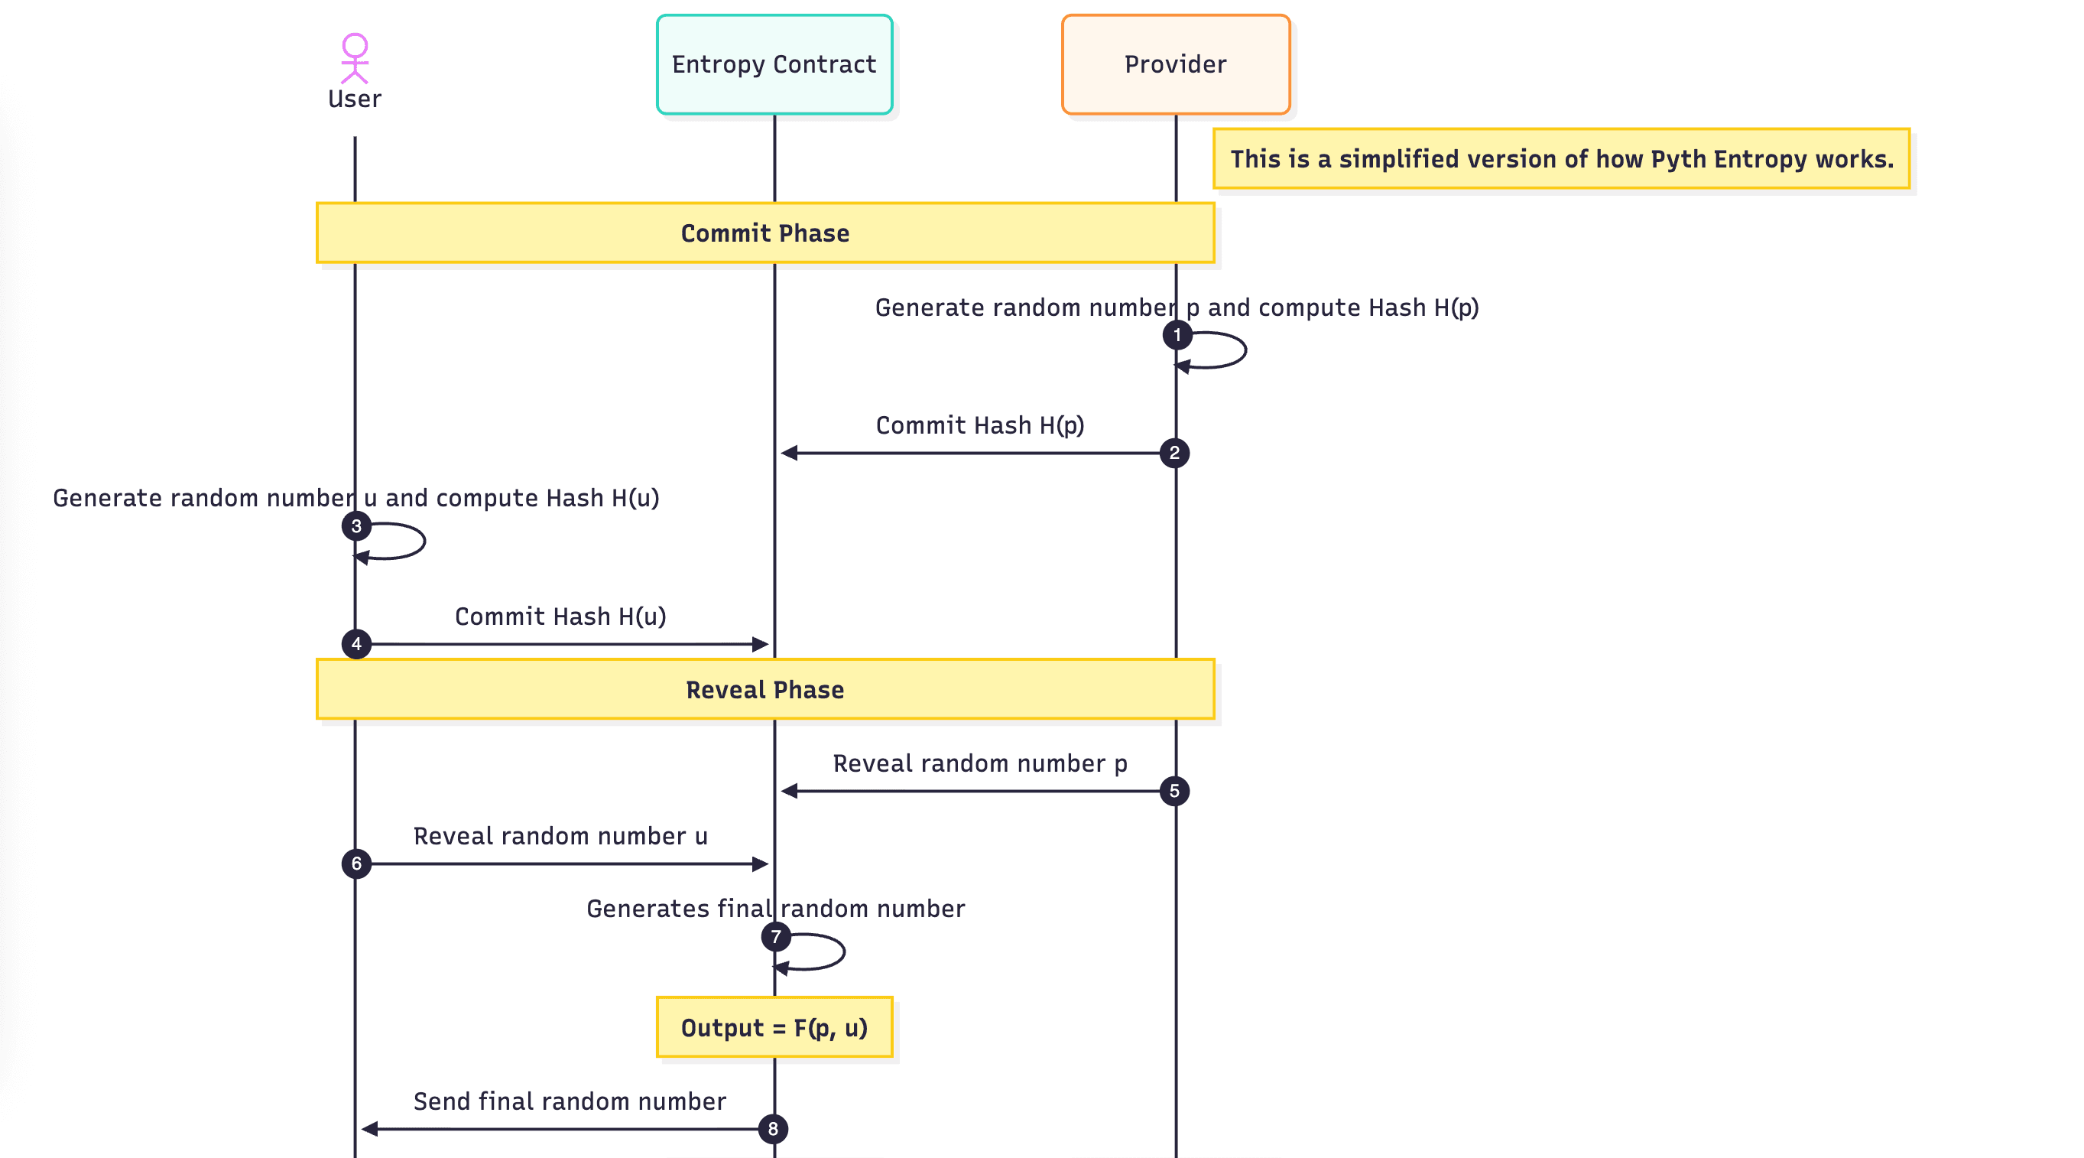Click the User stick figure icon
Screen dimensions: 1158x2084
(x=355, y=57)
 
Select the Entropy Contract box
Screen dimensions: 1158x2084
(x=774, y=65)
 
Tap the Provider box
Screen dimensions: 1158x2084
(x=1175, y=65)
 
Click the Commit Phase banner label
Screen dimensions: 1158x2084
(x=764, y=233)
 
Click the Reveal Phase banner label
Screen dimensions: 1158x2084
(x=764, y=689)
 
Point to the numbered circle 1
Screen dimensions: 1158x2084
(x=1177, y=335)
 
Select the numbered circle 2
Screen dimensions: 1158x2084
(x=1173, y=453)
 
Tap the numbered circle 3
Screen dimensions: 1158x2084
(x=356, y=527)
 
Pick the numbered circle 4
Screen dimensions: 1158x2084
(x=356, y=645)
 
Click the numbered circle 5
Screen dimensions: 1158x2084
(x=1173, y=792)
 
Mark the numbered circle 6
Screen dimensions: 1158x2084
(x=356, y=864)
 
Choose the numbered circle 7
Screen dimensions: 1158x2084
(x=776, y=937)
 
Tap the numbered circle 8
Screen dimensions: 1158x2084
(x=773, y=1130)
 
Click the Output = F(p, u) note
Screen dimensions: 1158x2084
(x=774, y=1028)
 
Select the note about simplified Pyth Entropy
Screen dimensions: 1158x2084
(x=1561, y=158)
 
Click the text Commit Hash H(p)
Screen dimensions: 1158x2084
(x=980, y=426)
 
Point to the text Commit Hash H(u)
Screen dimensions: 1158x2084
(x=560, y=616)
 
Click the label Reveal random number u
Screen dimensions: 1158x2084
(x=560, y=836)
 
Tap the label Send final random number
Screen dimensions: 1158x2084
(x=570, y=1101)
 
